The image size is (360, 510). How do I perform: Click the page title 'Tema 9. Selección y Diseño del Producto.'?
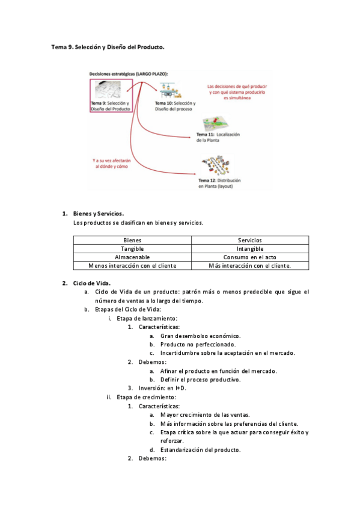[108, 46]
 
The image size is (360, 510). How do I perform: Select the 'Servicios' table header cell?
[250, 240]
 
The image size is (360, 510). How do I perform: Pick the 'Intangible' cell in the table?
[250, 248]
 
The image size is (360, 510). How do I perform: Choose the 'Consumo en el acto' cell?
[250, 257]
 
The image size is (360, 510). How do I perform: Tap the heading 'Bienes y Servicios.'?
[99, 214]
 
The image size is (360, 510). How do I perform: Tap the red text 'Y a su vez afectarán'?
[114, 161]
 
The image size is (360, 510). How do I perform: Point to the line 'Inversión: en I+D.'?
[162, 388]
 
